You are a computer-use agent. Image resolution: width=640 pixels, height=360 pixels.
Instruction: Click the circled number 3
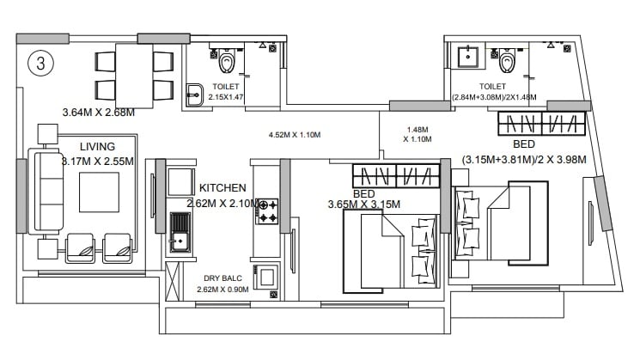(x=39, y=64)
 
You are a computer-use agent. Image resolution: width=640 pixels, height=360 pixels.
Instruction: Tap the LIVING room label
(x=97, y=147)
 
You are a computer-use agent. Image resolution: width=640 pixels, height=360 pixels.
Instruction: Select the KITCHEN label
(x=222, y=187)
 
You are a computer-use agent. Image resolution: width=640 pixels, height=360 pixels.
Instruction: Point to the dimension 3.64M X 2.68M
(x=99, y=112)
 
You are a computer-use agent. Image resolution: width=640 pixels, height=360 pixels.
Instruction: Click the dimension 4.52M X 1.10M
(x=294, y=135)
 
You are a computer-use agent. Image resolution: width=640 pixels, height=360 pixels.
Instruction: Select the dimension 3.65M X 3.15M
(x=364, y=204)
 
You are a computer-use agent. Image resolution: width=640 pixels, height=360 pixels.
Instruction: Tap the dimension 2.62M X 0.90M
(x=222, y=289)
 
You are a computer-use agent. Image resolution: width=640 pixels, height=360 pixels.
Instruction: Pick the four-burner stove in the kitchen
(x=266, y=211)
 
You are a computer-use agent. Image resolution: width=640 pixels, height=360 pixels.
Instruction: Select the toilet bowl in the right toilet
(x=508, y=61)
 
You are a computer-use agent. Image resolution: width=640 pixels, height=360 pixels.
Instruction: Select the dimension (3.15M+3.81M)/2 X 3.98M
(x=523, y=160)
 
